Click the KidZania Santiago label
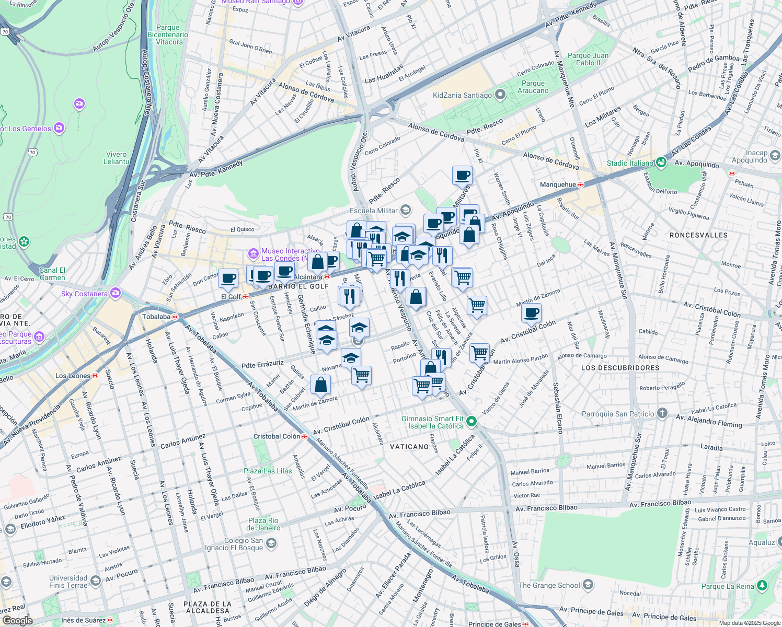pos(462,96)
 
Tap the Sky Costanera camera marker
pos(115,293)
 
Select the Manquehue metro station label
pos(558,184)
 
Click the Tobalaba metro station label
pos(156,317)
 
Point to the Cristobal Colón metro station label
pos(277,436)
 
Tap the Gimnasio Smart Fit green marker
pos(471,421)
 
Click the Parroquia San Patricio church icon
pos(662,414)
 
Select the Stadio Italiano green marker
pos(661,162)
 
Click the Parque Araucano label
pos(533,87)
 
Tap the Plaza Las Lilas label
pos(268,471)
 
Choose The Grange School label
pos(549,585)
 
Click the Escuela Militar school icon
pos(405,211)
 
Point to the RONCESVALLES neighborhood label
pos(698,235)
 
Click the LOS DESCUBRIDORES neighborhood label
pos(620,368)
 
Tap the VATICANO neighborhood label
pos(409,447)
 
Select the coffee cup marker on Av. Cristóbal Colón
pos(531,313)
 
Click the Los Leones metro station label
pos(73,376)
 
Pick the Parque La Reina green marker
pos(762,585)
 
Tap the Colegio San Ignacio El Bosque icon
pos(271,544)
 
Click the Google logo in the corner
pos(17,620)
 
